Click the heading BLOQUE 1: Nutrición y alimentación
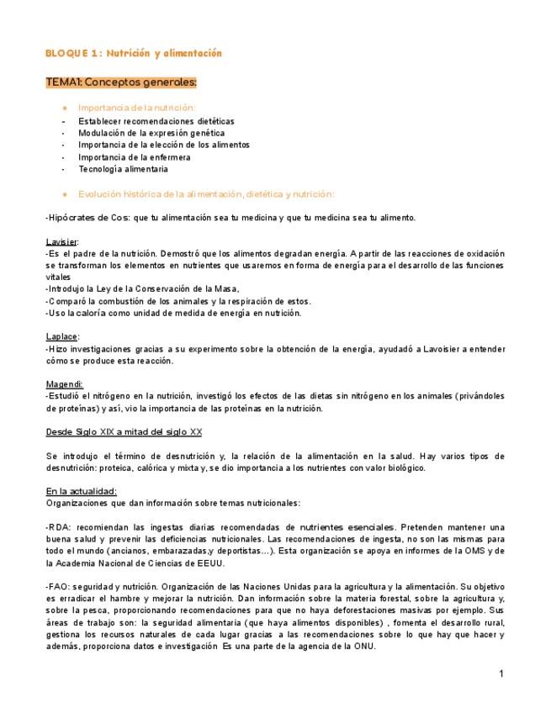pyautogui.click(x=133, y=53)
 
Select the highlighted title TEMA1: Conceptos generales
pyautogui.click(x=121, y=82)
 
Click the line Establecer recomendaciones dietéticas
pyautogui.click(x=156, y=121)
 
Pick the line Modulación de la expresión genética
pyautogui.click(x=151, y=133)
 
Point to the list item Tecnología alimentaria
pyautogui.click(x=123, y=169)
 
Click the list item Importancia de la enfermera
pyautogui.click(x=135, y=157)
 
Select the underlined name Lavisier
pyautogui.click(x=61, y=242)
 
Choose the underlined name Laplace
pyautogui.click(x=61, y=337)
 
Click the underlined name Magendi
pyautogui.click(x=63, y=384)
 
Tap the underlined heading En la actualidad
pyautogui.click(x=81, y=491)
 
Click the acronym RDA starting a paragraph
pyautogui.click(x=58, y=527)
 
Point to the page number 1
pyautogui.click(x=501, y=673)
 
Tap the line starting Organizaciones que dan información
pyautogui.click(x=172, y=503)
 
